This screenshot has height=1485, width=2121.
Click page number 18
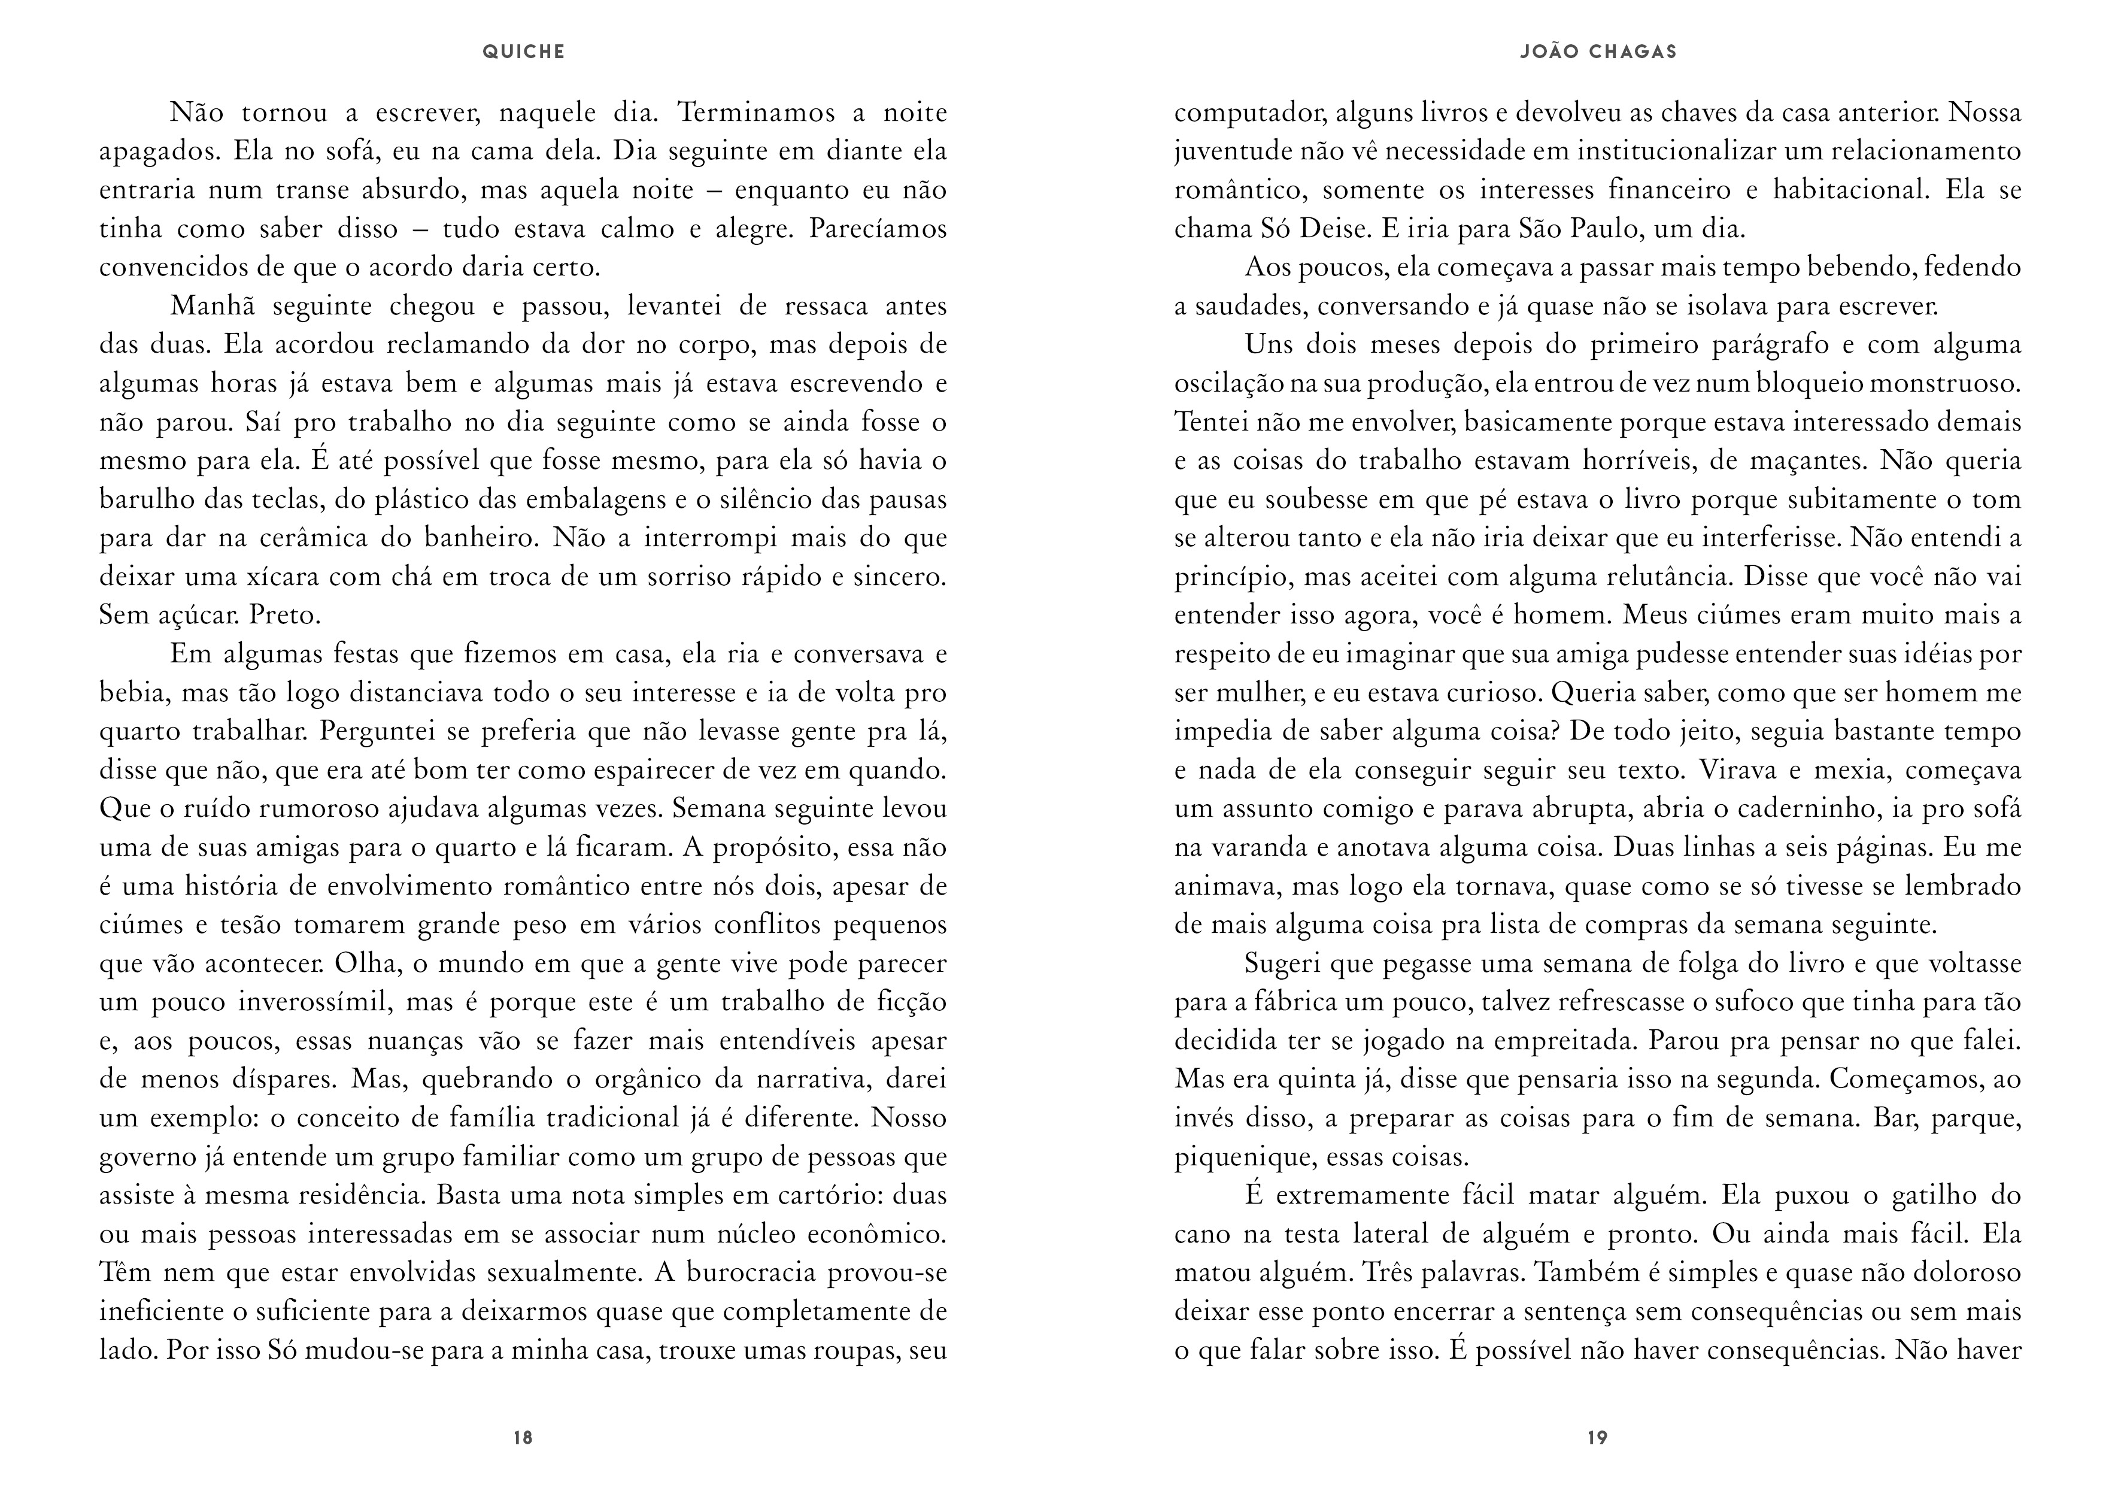click(523, 1438)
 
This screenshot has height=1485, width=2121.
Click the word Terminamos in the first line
click(755, 113)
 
